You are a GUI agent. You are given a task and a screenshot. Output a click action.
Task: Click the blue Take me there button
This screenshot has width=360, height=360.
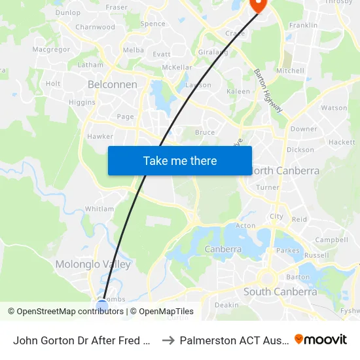coord(180,160)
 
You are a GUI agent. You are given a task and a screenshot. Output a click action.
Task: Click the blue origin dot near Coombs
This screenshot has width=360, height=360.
coord(102,304)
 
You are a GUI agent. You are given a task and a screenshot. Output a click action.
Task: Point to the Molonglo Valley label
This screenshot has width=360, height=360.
coord(93,264)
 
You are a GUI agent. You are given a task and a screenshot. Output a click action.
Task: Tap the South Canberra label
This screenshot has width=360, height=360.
coord(280,292)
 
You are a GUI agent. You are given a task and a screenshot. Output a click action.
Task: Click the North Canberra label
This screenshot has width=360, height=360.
coord(286,171)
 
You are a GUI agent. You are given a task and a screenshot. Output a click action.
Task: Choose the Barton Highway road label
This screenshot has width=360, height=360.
coord(268,90)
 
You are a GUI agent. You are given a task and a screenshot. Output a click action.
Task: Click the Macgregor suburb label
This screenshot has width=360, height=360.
coord(50,49)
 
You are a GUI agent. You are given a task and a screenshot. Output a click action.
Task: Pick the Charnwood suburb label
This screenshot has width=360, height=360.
coord(95,27)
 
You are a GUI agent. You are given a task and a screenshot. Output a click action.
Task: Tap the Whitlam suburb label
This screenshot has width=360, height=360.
coord(99,209)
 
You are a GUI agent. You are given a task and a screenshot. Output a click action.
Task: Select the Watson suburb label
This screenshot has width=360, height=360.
coord(334,107)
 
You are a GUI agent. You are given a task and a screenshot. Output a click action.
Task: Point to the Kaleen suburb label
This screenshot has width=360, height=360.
coord(238,92)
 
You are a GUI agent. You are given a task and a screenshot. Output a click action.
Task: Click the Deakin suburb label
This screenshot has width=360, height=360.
coord(226,305)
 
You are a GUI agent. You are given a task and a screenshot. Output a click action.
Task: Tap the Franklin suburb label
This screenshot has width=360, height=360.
coord(303,26)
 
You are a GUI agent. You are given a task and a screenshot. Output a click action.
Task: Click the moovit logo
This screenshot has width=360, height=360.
coord(320,339)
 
